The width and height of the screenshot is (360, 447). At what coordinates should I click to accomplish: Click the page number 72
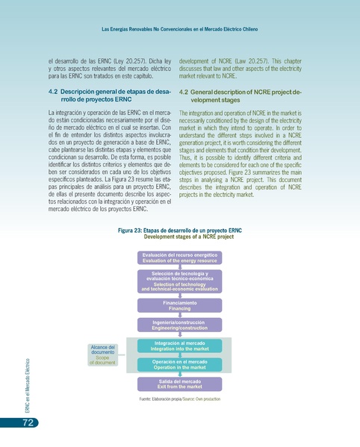coord(25,423)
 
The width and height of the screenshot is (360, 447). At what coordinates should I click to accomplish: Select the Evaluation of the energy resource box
coord(179,258)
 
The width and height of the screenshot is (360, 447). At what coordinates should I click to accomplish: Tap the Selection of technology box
coord(179,281)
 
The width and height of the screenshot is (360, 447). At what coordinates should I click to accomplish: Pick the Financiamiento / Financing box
coord(179,305)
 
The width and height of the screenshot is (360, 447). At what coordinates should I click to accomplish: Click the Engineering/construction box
coord(179,325)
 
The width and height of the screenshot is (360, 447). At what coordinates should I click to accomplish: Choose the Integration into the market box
coord(179,346)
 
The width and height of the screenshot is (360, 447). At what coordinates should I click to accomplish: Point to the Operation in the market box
coord(179,364)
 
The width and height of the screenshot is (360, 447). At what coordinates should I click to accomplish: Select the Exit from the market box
coord(179,384)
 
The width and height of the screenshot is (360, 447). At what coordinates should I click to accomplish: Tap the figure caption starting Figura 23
coord(179,234)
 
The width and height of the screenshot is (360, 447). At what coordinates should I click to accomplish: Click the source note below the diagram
coord(179,399)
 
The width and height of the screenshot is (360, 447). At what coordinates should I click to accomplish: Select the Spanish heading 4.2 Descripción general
coord(111,95)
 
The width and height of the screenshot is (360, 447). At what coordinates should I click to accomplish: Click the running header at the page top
coord(179,29)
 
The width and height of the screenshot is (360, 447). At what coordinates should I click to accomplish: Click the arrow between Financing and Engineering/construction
coord(179,315)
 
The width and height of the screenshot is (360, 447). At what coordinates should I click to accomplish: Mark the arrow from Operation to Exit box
coord(179,375)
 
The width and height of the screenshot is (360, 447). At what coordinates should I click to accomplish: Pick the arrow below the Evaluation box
coord(179,268)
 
